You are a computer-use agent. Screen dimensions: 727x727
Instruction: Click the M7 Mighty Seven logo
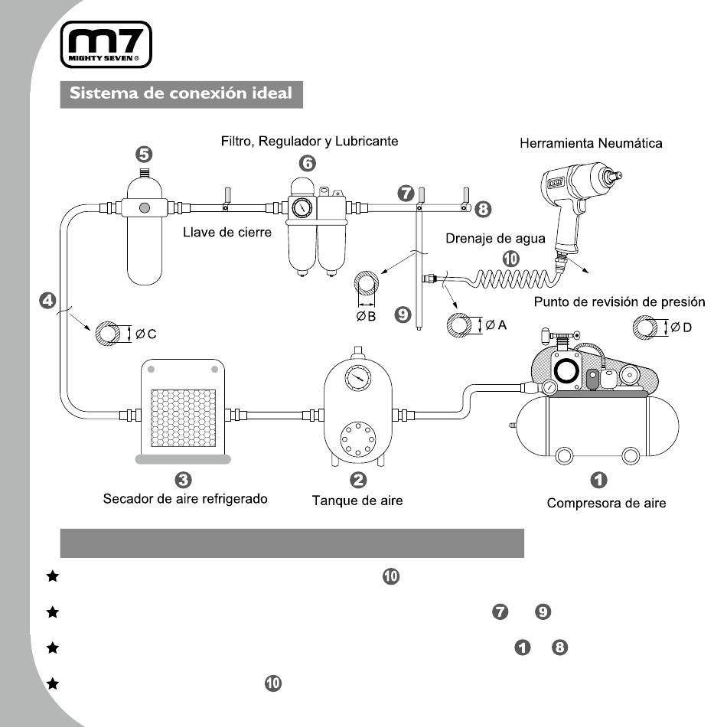pyautogui.click(x=106, y=44)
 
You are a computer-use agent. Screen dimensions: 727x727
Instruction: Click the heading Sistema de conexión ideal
pyautogui.click(x=181, y=93)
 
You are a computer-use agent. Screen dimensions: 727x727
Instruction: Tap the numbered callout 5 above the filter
pyautogui.click(x=144, y=155)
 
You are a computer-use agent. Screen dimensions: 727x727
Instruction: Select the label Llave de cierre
pyautogui.click(x=227, y=233)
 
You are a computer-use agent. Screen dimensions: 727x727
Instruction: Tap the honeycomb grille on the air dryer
pyautogui.click(x=184, y=418)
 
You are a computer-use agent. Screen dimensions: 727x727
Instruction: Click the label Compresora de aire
pyautogui.click(x=606, y=503)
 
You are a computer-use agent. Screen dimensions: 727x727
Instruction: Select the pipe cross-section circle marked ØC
pyautogui.click(x=108, y=334)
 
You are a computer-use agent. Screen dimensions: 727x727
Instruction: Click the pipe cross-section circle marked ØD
pyautogui.click(x=645, y=328)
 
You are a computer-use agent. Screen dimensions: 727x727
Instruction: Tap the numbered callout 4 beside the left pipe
pyautogui.click(x=47, y=301)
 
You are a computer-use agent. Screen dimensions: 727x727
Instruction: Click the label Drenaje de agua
pyautogui.click(x=495, y=238)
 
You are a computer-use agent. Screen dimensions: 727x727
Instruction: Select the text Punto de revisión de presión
pyautogui.click(x=619, y=302)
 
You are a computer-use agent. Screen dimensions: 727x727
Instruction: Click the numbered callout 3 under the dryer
pyautogui.click(x=184, y=480)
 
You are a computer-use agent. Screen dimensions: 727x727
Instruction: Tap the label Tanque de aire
pyautogui.click(x=357, y=500)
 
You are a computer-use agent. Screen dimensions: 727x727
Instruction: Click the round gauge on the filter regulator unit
pyautogui.click(x=302, y=208)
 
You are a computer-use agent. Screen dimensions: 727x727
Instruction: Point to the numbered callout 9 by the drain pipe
pyautogui.click(x=403, y=315)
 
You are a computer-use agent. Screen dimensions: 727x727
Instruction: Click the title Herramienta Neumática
pyautogui.click(x=591, y=143)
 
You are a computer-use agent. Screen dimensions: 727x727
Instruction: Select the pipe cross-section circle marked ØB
pyautogui.click(x=367, y=283)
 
